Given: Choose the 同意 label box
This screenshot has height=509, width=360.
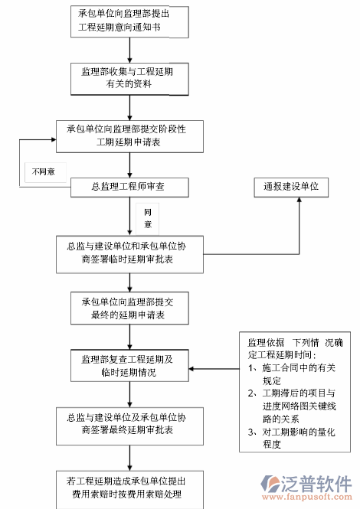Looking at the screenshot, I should click(147, 217).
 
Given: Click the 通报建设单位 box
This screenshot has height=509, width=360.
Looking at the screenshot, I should click(291, 186).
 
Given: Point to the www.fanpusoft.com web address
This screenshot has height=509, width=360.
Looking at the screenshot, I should click(315, 498).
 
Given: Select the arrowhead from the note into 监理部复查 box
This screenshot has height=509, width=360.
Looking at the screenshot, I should click(193, 370).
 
